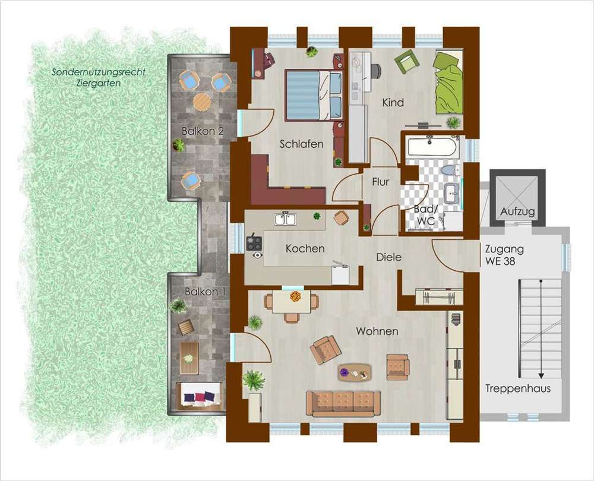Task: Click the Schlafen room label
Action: pos(302,144)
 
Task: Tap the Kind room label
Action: pos(393,103)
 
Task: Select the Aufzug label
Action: pos(517,211)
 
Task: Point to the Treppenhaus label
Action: pos(518,388)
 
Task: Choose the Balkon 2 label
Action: pos(203,131)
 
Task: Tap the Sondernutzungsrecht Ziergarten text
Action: pos(99,77)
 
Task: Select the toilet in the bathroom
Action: pos(451,170)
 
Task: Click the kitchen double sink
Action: pos(286,219)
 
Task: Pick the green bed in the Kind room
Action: pos(449,82)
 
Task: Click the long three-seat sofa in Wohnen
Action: pos(343,404)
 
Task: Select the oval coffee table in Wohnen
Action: pos(354,372)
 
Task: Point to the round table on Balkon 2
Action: pos(202,102)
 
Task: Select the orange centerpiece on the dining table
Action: pos(295,296)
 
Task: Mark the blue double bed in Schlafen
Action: pos(313,95)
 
